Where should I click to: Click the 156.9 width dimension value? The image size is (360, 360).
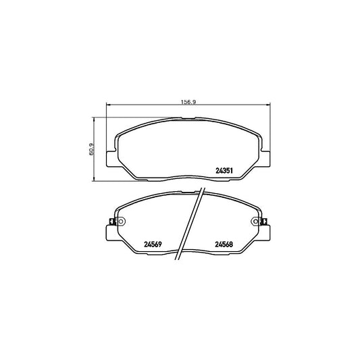(x=187, y=102)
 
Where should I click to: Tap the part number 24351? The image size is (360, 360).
(x=224, y=171)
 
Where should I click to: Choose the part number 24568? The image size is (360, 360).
(x=225, y=245)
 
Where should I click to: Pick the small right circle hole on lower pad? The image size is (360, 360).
(x=255, y=222)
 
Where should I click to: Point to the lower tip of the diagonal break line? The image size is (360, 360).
(x=179, y=261)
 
